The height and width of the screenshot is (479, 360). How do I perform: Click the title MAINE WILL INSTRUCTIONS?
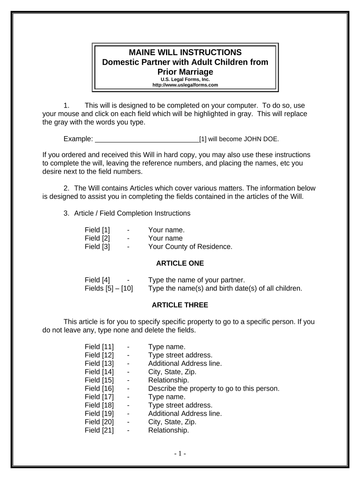[x=185, y=52]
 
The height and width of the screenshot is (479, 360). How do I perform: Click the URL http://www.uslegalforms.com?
[x=185, y=85]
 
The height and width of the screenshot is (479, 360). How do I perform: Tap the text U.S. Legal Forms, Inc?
[x=185, y=80]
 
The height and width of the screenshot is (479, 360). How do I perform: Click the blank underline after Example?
[x=147, y=139]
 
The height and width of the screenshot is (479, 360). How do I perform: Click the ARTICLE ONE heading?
[x=180, y=263]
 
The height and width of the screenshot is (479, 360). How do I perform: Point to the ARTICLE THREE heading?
[x=180, y=305]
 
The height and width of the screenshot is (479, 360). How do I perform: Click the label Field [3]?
[x=97, y=247]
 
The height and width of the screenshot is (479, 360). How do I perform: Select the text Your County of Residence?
[x=190, y=247]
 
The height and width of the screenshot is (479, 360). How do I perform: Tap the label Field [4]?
[x=97, y=280]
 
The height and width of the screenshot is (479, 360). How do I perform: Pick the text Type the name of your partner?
[x=196, y=280]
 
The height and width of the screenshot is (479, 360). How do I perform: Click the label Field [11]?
[x=99, y=347]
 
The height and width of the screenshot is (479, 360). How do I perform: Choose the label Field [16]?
[x=99, y=388]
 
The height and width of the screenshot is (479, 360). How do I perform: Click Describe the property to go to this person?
[x=214, y=388]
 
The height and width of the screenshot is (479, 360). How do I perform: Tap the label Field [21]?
[x=99, y=430]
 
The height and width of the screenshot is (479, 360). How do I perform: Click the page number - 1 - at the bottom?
[x=180, y=454]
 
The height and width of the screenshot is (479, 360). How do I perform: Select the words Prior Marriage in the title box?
[x=185, y=72]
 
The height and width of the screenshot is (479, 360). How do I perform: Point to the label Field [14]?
[x=99, y=372]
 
